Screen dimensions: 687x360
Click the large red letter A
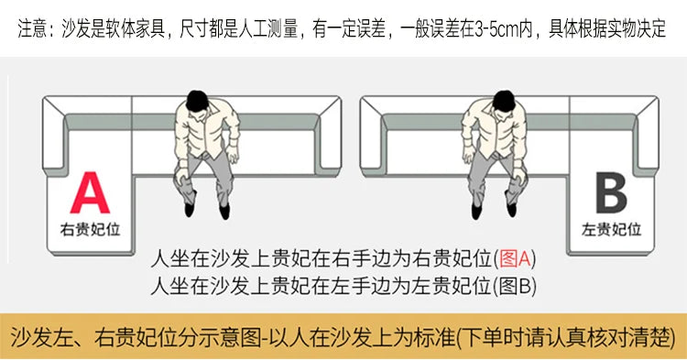click(x=90, y=192)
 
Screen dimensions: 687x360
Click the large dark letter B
click(x=611, y=192)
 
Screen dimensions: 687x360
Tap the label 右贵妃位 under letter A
click(x=91, y=230)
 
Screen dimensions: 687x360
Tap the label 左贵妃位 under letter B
click(x=612, y=230)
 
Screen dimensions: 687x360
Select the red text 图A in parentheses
click(x=515, y=258)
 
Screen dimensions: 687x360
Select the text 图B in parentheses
click(x=515, y=286)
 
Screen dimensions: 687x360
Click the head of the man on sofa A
click(x=197, y=101)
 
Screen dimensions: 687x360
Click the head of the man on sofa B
click(x=504, y=101)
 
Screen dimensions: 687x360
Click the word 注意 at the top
click(x=32, y=29)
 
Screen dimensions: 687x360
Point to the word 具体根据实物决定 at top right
click(x=607, y=29)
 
